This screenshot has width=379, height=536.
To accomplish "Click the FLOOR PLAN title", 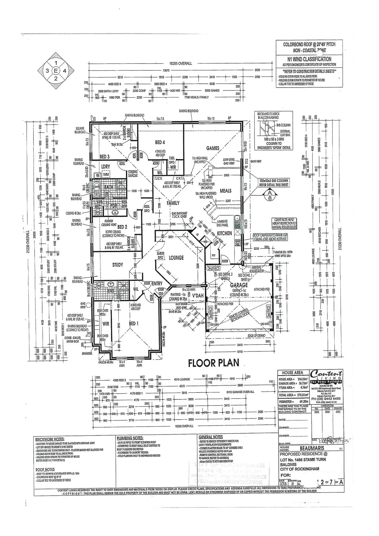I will point(214,363).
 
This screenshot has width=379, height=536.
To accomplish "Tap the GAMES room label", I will point(213,148).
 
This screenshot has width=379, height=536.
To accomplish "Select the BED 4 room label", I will point(160,142).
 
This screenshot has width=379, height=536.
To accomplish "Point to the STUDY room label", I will point(117,265).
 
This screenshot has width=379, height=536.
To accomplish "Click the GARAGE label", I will point(239,285).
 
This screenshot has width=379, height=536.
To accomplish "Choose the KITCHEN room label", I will point(224,233).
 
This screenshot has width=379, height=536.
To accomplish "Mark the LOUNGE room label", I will point(176,258).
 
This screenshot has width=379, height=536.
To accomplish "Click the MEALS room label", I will point(226,191).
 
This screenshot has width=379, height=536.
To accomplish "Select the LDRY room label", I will point(106,167).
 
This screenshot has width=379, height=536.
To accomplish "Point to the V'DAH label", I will point(198,296).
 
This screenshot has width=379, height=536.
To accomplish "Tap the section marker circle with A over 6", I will point(270,195).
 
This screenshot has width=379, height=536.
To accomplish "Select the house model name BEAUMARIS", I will point(315,448).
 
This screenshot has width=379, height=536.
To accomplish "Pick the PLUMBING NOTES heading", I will point(130,438).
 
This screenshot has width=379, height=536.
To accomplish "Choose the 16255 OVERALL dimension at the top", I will point(180,64).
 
